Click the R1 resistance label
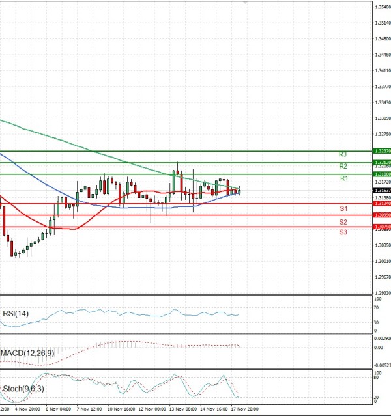[343, 178]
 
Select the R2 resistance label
[343, 167]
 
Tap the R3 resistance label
[343, 155]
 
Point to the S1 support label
[343, 208]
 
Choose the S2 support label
[343, 223]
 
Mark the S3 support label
[343, 232]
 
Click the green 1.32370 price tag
[381, 151]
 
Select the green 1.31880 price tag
[381, 174]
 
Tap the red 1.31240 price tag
[381, 204]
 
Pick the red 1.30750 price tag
[381, 227]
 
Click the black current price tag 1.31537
[381, 191]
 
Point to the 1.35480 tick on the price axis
[383, 7]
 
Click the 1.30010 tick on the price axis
[383, 261]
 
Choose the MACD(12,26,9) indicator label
[27, 352]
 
